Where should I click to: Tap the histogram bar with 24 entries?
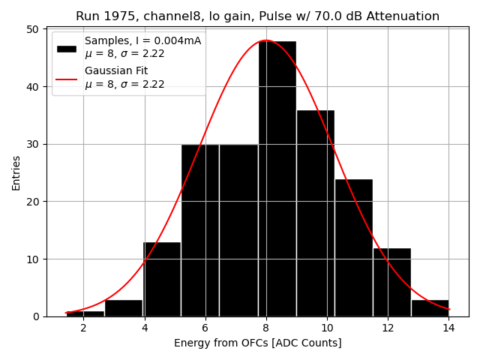(353, 247)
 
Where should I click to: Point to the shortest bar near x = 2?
(85, 313)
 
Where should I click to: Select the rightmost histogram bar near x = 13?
(430, 308)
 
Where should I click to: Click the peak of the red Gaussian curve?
(266, 40)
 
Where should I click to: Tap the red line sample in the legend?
(67, 77)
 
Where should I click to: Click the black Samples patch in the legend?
(67, 47)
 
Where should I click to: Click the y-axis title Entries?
(16, 172)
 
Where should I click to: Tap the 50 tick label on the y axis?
(33, 29)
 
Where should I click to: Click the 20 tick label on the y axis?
(33, 202)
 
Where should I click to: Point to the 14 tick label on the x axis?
(448, 328)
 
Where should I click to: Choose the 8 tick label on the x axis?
(266, 328)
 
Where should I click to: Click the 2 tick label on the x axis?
(83, 328)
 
